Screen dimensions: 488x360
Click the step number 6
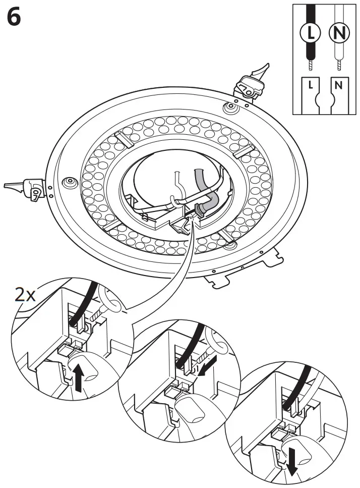pyautogui.click(x=14, y=18)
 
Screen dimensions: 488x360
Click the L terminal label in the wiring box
pyautogui.click(x=311, y=85)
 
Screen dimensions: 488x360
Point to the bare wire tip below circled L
pyautogui.click(x=311, y=65)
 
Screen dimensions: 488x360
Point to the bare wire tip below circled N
pyautogui.click(x=338, y=65)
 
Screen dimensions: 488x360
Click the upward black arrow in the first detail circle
pyautogui.click(x=79, y=378)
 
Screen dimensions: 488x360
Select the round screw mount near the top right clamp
pyautogui.click(x=230, y=106)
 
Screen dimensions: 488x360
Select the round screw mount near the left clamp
pyautogui.click(x=68, y=181)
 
